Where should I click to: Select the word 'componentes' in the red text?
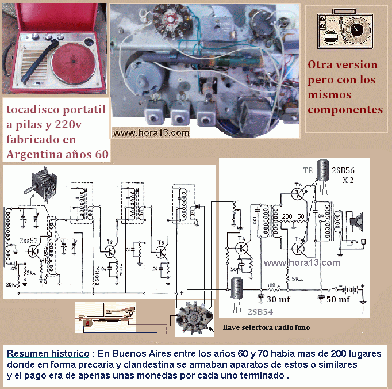(x=345, y=109)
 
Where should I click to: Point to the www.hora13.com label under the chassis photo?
(x=151, y=133)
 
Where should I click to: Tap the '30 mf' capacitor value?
(x=278, y=299)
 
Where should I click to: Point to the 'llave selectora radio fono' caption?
(x=267, y=327)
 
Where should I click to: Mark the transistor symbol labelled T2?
(x=109, y=251)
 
